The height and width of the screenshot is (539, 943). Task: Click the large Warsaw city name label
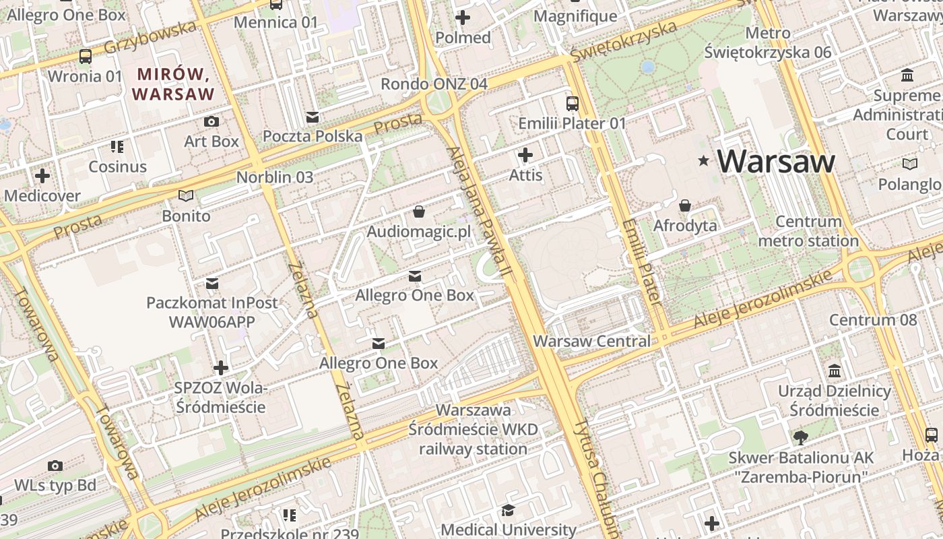click(775, 161)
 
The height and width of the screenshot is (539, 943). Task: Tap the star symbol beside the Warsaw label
click(704, 160)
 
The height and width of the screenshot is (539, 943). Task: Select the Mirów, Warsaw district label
click(174, 84)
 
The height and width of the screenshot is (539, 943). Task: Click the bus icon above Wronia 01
click(86, 57)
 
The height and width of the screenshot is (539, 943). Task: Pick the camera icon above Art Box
click(212, 121)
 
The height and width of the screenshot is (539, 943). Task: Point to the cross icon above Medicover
click(42, 177)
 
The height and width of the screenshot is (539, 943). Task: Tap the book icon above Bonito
click(186, 196)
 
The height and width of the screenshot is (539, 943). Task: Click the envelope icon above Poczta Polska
click(312, 117)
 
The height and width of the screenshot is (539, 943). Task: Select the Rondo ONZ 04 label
click(434, 84)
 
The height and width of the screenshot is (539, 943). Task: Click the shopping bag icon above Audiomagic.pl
click(419, 212)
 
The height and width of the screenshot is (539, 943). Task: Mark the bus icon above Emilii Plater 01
click(572, 104)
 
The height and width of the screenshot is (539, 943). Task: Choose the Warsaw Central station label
click(592, 341)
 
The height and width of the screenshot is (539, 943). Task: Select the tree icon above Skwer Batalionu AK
click(801, 438)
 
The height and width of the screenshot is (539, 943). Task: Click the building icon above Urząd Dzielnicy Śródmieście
click(835, 371)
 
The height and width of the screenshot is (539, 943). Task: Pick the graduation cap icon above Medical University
click(509, 510)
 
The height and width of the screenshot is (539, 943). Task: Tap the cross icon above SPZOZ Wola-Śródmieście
click(220, 368)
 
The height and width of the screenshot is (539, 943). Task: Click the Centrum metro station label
click(808, 231)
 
